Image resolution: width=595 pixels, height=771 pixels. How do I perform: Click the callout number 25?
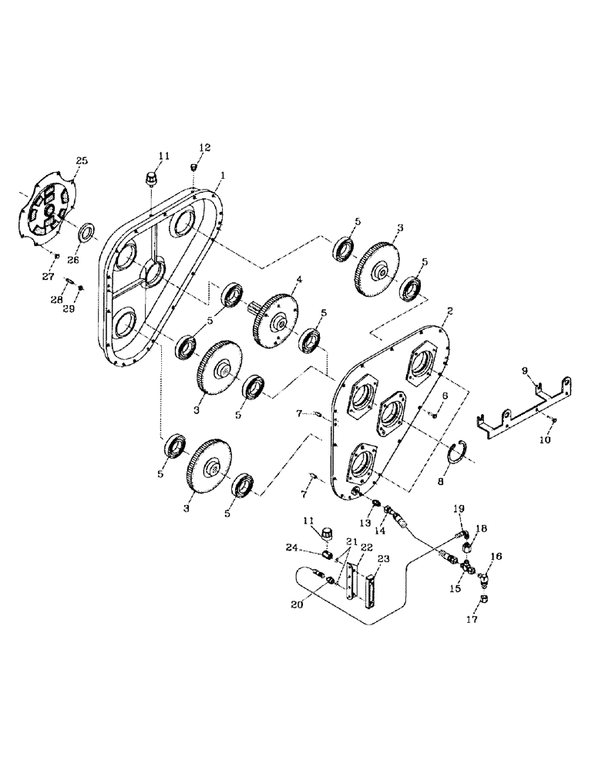point(82,160)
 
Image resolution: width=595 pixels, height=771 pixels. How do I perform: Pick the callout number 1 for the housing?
point(222,176)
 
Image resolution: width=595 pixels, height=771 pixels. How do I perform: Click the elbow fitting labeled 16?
point(486,574)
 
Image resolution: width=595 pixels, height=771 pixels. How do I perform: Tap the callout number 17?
point(472,619)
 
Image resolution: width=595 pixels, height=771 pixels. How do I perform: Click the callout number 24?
point(312,549)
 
